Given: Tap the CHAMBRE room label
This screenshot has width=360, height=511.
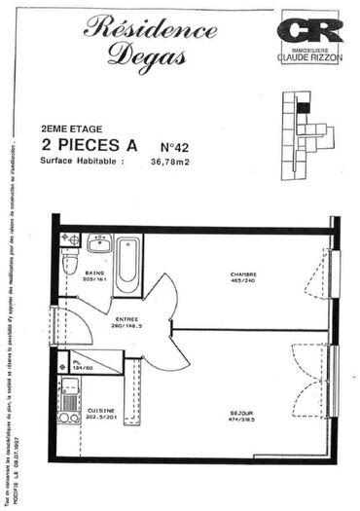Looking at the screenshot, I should pos(242,274).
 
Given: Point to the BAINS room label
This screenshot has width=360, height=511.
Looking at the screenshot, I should pos(94,274).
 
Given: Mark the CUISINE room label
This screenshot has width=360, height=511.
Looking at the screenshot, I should pos(101,411).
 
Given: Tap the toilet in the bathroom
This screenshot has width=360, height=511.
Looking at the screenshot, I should pos(69,263).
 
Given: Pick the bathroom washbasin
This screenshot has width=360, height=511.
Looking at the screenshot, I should pos(99,243).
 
